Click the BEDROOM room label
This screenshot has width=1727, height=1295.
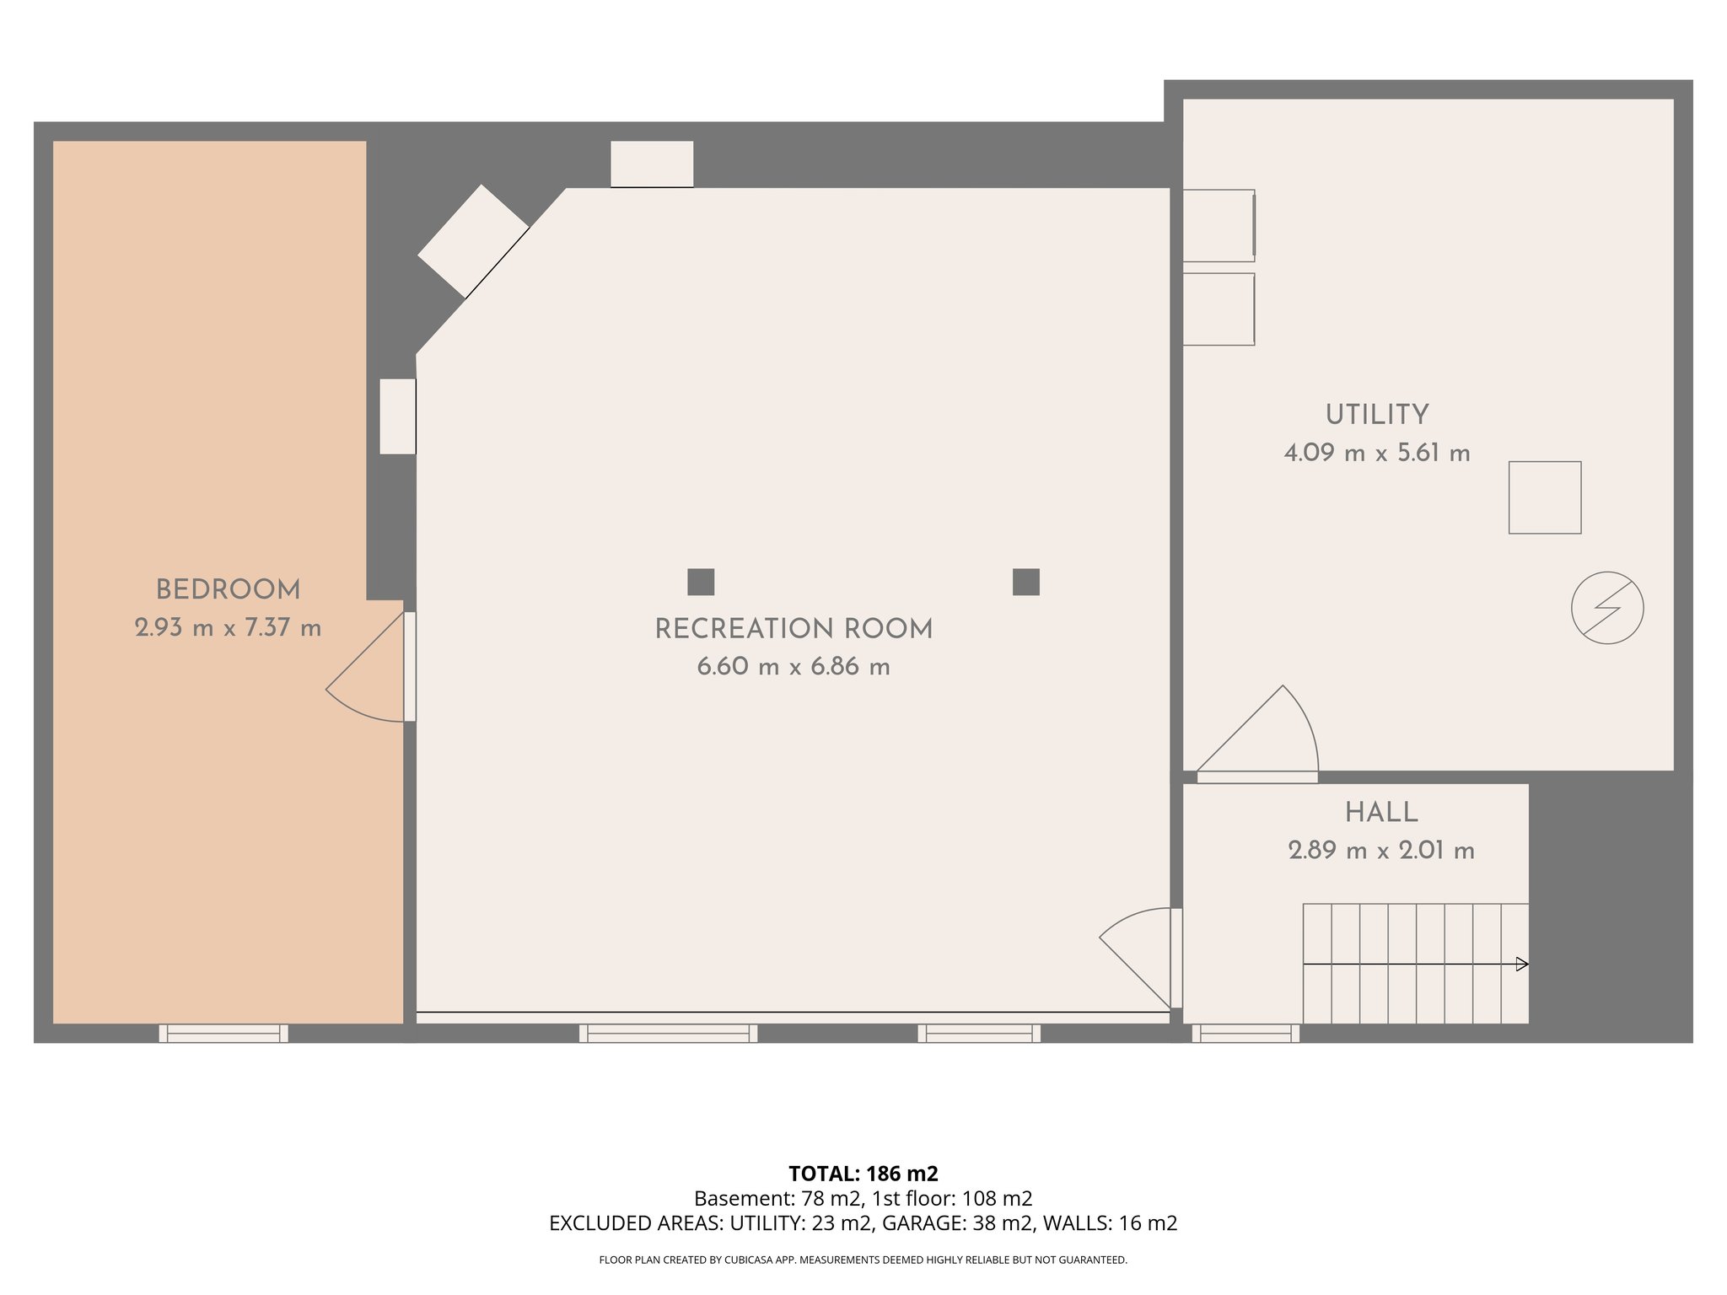coord(228,589)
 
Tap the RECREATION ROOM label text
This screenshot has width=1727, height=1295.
coord(794,629)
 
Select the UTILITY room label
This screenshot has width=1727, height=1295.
coord(1377,415)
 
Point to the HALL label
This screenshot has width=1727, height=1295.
coord(1381,813)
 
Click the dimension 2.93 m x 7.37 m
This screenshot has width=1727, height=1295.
coord(228,628)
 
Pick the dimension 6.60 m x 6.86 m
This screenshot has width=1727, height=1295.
coord(794,668)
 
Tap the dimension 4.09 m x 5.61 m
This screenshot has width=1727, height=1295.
coord(1377,454)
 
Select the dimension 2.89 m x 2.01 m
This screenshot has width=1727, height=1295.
coord(1381,851)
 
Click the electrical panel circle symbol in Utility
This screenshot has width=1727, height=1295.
coord(1607,608)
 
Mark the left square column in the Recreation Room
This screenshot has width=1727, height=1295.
coord(701,582)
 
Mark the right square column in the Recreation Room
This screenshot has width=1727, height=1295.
coord(1025,582)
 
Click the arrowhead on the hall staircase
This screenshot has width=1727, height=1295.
coord(1521,964)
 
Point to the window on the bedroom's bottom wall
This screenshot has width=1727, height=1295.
coord(223,1033)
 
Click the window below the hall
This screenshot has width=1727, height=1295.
coord(1245,1033)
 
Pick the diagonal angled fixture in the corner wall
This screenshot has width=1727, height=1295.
coord(473,241)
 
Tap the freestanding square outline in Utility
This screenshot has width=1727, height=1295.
coord(1545,497)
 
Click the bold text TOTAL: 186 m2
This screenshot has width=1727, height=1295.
coord(863,1174)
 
